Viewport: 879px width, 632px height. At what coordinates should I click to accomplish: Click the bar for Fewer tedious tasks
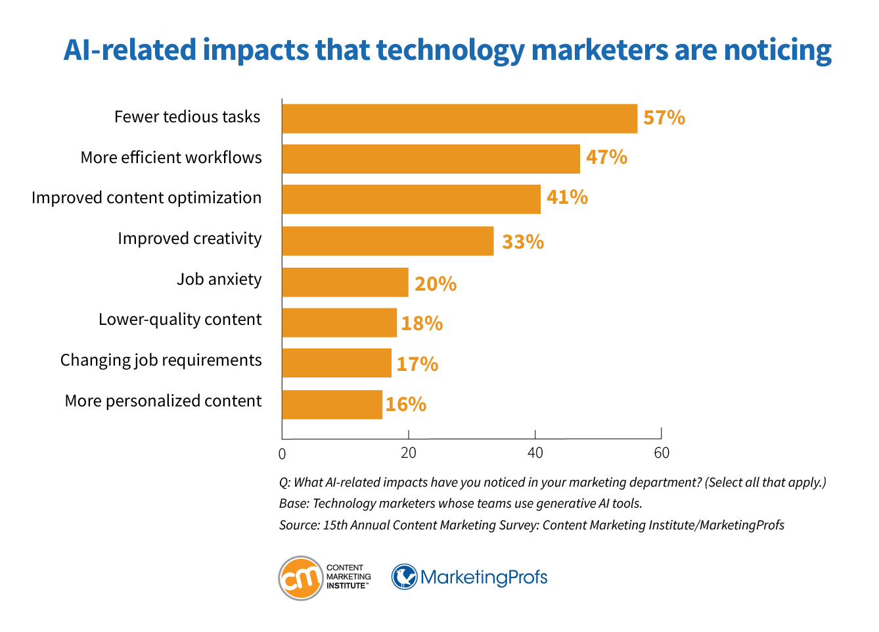pyautogui.click(x=459, y=119)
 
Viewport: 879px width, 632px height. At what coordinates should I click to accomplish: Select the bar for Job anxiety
pyautogui.click(x=345, y=282)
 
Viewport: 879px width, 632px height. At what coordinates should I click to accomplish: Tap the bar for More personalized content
pyautogui.click(x=332, y=404)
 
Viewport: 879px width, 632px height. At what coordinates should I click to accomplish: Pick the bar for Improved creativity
pyautogui.click(x=388, y=241)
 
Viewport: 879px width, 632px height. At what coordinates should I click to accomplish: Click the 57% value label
pyautogui.click(x=664, y=118)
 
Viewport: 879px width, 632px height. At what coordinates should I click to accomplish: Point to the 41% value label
pyautogui.click(x=567, y=197)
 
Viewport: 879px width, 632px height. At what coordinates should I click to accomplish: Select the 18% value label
pyautogui.click(x=422, y=324)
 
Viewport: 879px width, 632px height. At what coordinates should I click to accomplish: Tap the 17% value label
pyautogui.click(x=417, y=364)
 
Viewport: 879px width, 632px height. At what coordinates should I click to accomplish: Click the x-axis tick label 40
pyautogui.click(x=535, y=453)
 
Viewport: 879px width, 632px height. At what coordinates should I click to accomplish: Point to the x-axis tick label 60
pyautogui.click(x=662, y=453)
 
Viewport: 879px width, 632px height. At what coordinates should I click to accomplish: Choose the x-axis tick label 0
pyautogui.click(x=282, y=454)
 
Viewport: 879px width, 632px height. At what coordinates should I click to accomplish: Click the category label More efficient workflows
pyautogui.click(x=171, y=158)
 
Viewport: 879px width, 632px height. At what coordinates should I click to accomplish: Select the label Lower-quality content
pyautogui.click(x=180, y=320)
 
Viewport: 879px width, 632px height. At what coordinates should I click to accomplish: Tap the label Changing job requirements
pyautogui.click(x=161, y=360)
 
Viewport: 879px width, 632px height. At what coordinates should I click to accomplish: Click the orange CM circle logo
pyautogui.click(x=301, y=578)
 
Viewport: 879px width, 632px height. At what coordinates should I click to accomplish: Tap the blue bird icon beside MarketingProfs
pyautogui.click(x=405, y=577)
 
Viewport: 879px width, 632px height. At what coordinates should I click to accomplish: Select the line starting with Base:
pyautogui.click(x=460, y=504)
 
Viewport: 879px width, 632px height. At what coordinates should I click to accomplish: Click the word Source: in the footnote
pyautogui.click(x=299, y=525)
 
